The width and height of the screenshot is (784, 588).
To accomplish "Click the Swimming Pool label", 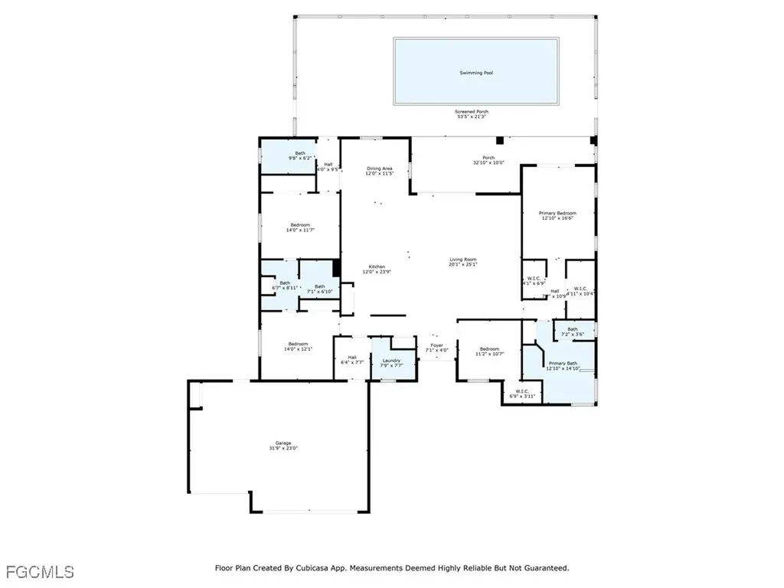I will tap(475, 73).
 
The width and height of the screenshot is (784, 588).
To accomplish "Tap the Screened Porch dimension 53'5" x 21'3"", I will tap(472, 117).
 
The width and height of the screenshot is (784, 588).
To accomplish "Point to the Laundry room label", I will tap(390, 360).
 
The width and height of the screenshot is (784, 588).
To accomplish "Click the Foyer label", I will tap(436, 345).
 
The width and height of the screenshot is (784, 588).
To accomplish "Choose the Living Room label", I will tap(462, 260).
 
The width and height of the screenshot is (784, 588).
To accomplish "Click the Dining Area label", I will tap(379, 168).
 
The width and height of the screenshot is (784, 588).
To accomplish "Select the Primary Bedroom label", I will tap(557, 213).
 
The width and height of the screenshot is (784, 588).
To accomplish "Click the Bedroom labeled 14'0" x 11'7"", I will tap(299, 224).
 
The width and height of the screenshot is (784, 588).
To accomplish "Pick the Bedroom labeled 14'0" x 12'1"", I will tap(298, 344).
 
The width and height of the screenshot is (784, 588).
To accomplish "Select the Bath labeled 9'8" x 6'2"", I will tap(300, 153).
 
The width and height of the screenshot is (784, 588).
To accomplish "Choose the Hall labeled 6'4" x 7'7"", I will tap(352, 357).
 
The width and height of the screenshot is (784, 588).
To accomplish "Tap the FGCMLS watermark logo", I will tap(40, 571).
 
